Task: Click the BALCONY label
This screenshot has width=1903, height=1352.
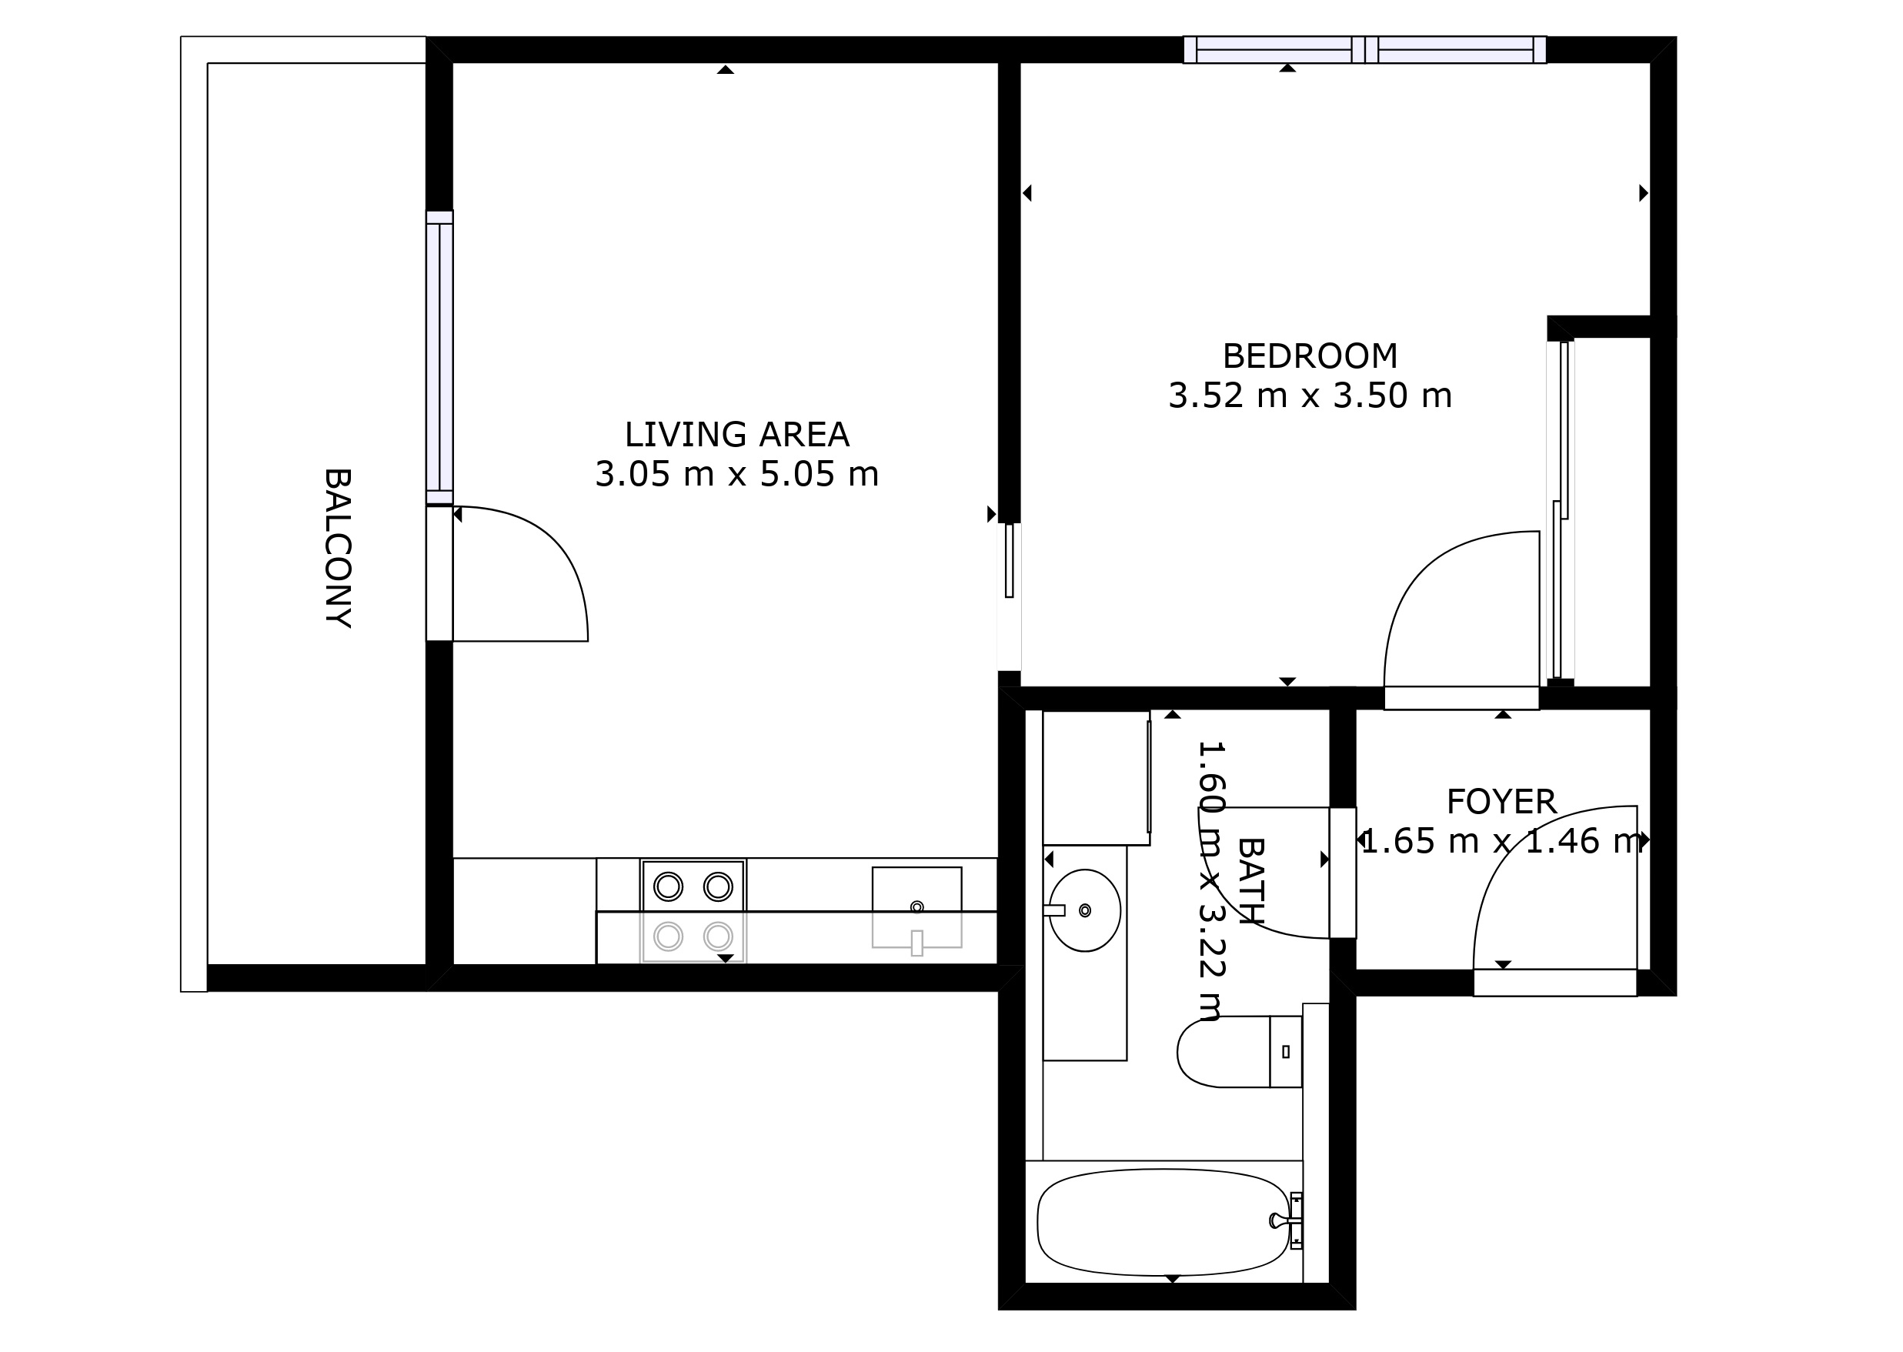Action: pos(337,548)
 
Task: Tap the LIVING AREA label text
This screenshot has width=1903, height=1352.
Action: pos(736,435)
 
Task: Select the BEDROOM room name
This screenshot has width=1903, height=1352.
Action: pos(1310,356)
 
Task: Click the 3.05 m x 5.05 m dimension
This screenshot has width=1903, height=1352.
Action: pos(736,475)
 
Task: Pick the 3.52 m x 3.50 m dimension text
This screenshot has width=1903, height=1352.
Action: pos(1310,396)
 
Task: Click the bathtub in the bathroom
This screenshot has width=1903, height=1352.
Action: pos(1163,1222)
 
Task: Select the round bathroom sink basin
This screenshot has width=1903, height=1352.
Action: pos(1085,911)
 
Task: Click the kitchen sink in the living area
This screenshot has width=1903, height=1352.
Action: pos(916,907)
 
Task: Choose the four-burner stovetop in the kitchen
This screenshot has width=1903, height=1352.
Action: pos(693,912)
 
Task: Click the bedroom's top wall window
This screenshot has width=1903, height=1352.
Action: pos(1364,50)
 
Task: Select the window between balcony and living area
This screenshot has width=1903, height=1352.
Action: pos(439,358)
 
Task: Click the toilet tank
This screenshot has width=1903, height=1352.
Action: pos(1285,1051)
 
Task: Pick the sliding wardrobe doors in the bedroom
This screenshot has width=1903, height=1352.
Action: pos(1561,509)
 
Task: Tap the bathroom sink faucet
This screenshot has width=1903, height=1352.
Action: pos(1054,911)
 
